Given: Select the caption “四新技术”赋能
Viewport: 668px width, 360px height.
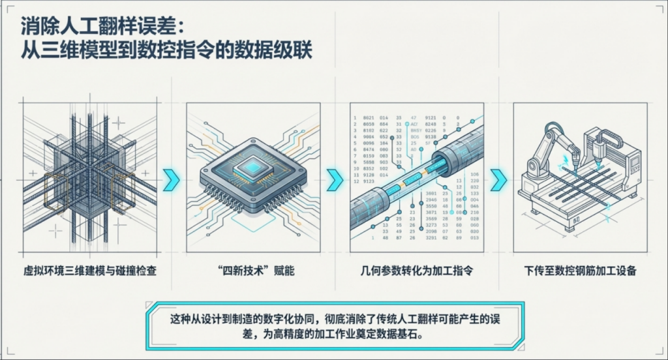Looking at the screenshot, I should coord(253,270).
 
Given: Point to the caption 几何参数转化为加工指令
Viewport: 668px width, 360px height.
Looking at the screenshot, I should coord(416,270).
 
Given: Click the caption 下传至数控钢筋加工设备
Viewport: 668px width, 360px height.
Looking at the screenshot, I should coord(580,270).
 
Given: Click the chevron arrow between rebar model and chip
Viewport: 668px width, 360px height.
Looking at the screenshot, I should coord(171,177).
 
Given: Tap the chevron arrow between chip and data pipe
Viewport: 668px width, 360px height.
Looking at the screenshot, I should coord(335,177).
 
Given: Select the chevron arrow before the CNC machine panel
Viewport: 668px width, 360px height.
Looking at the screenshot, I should coord(498,177).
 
